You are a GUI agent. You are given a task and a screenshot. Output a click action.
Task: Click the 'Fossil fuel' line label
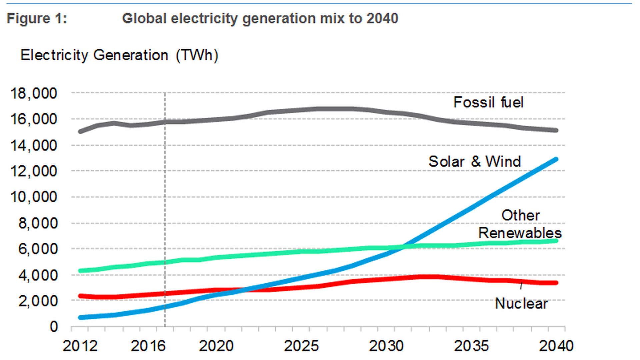pos(488,102)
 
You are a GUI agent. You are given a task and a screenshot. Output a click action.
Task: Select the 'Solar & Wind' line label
pos(475,162)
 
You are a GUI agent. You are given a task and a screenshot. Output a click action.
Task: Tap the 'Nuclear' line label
pos(521,304)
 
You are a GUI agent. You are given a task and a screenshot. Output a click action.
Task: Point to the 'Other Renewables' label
pos(520,224)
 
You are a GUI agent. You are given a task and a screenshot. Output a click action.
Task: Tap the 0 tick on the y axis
pos(54,327)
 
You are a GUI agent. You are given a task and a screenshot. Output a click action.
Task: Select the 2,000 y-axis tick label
pos(38,301)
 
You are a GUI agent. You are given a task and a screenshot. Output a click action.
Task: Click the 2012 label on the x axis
pos(80,346)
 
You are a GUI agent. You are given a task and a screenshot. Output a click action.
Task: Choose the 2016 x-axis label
pos(148,346)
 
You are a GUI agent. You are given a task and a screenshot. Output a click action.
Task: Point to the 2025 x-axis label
pos(301,346)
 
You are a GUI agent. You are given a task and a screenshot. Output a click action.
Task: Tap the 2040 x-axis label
pos(556,346)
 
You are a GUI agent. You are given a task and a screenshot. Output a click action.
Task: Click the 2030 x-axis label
pos(386,346)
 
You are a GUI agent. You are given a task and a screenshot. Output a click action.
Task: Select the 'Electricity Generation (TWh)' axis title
pos(119,55)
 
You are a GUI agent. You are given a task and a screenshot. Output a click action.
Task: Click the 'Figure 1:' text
pos(37,18)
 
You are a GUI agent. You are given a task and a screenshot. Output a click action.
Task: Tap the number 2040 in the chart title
pos(382,18)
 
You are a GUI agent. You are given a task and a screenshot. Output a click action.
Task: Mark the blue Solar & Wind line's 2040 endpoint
pos(556,159)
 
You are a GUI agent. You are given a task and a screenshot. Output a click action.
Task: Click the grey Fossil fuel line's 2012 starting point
pos(80,131)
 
